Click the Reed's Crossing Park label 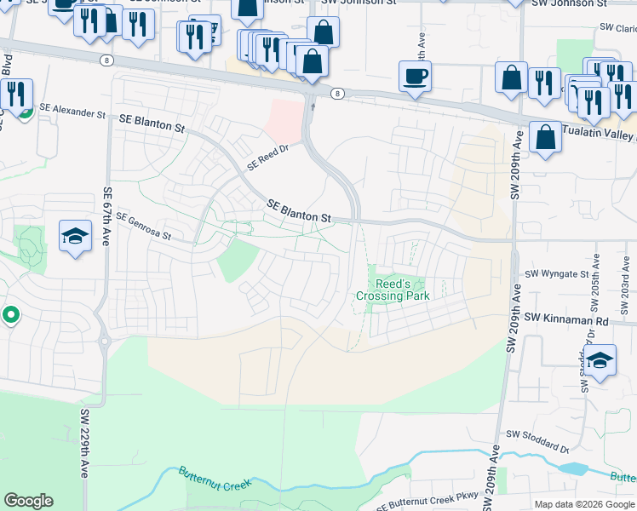tap(392, 290)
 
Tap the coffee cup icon tap(415, 78)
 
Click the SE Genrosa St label tap(144, 226)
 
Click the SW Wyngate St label tap(557, 274)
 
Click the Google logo tap(29, 501)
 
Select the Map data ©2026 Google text tap(584, 504)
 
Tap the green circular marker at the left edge tap(10, 315)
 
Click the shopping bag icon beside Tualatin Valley tap(545, 136)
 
